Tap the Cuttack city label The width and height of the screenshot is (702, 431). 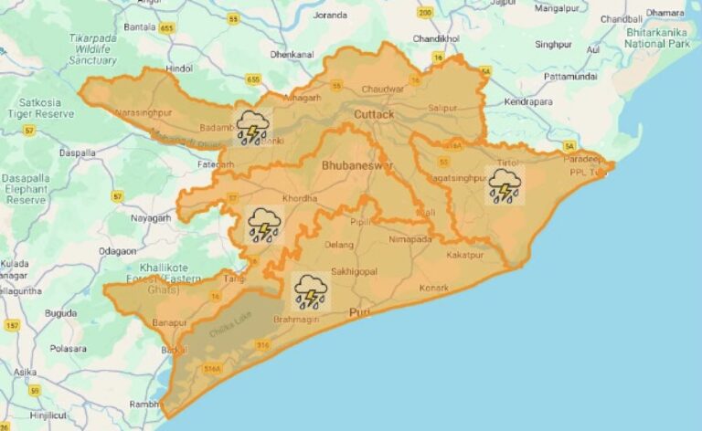pos(374,115)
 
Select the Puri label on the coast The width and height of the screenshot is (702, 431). pos(360,312)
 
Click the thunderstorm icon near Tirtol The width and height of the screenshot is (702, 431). pos(505,185)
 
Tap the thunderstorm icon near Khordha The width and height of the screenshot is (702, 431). pos(263,223)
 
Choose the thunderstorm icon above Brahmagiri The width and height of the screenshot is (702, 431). pos(310,290)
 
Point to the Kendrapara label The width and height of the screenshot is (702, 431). pos(529,100)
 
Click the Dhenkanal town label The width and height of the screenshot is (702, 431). pos(292,55)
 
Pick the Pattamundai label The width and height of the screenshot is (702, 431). pos(570,77)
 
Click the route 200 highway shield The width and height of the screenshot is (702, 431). pos(425,13)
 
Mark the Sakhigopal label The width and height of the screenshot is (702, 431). pos(354,272)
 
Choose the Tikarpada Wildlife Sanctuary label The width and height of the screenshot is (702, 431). pos(93,49)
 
